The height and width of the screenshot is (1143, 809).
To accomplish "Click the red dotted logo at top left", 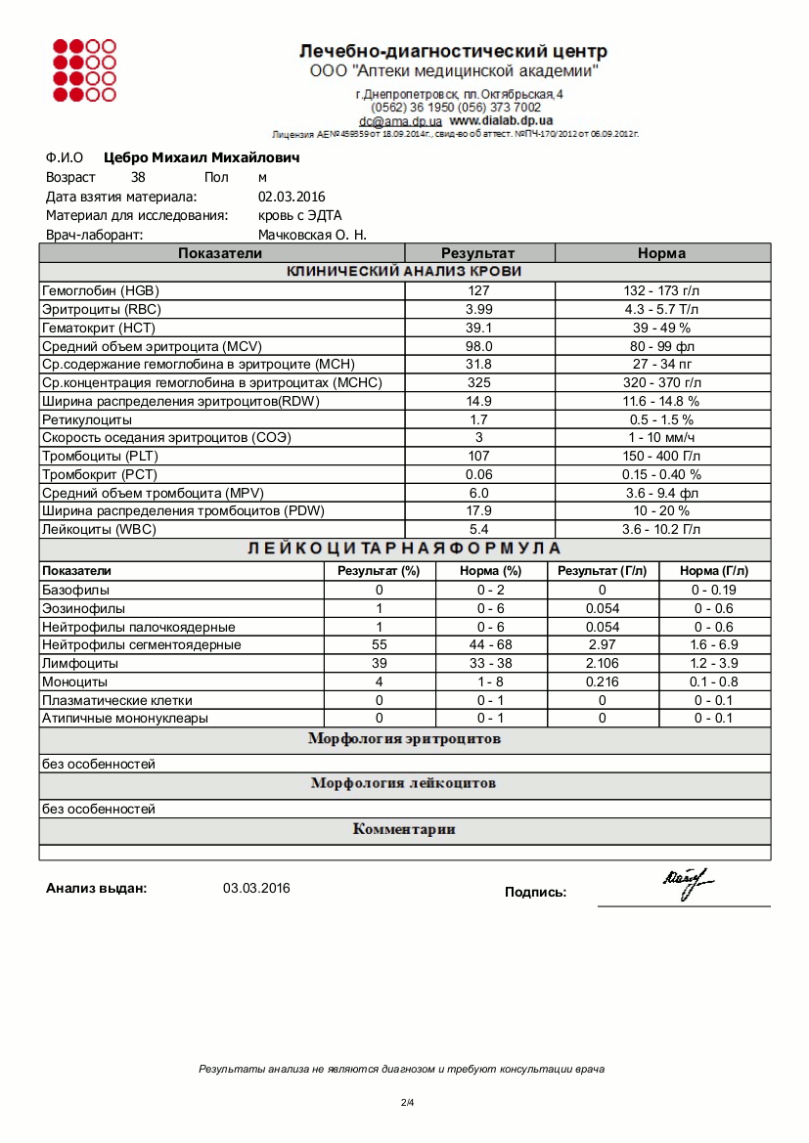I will (84, 69).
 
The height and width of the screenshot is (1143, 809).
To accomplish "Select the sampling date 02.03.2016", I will (292, 197).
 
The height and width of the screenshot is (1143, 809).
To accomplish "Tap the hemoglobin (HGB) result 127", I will (479, 290).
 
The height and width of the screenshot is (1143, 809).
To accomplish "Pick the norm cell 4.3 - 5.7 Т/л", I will (662, 309).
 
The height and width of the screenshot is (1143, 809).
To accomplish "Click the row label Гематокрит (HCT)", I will (99, 328).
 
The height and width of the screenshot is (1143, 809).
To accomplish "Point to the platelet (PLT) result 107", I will (479, 456).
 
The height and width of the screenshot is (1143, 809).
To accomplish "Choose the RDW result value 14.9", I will (479, 401).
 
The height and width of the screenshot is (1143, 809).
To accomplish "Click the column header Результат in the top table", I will (478, 253).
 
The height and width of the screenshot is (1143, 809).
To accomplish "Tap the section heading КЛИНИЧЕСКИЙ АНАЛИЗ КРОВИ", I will (404, 272).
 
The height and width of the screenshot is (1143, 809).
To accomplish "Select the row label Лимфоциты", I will (74, 663).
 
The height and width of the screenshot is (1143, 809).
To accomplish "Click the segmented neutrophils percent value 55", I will (379, 644).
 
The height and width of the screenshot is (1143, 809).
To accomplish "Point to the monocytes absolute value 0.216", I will (603, 681).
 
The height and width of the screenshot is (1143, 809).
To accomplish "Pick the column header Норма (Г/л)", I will (714, 571).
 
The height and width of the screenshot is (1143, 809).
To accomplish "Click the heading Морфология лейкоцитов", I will (404, 783).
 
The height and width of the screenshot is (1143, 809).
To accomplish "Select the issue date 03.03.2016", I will (256, 889).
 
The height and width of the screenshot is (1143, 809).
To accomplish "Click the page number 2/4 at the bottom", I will (407, 1103).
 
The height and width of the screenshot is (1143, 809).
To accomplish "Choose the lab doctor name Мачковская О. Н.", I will (312, 235).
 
